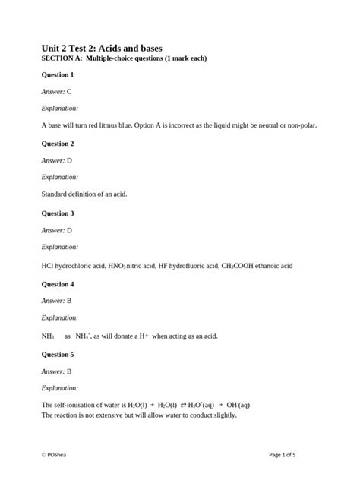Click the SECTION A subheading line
(x=124, y=58)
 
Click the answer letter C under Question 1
(x=69, y=91)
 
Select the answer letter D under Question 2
(x=69, y=160)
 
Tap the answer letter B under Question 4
(x=69, y=301)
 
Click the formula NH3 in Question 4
(x=48, y=335)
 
